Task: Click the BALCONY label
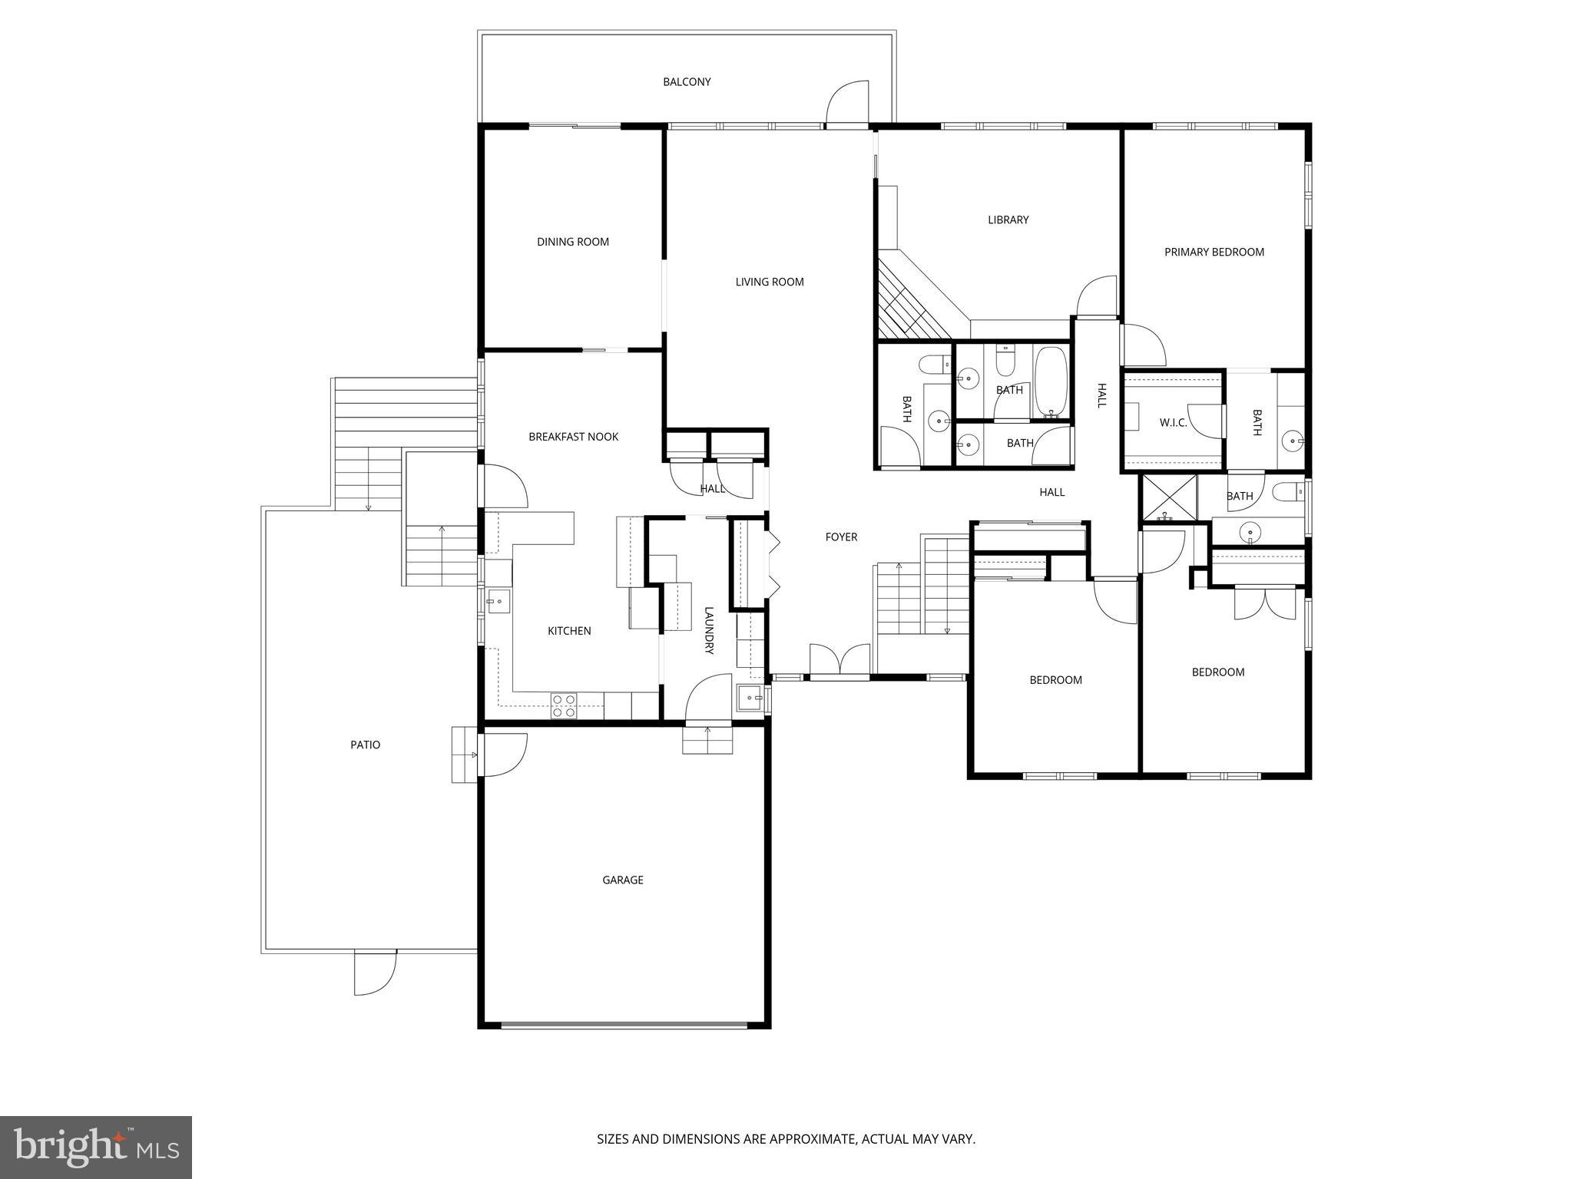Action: [x=687, y=82]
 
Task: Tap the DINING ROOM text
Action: [x=573, y=242]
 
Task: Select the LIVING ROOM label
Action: [x=770, y=282]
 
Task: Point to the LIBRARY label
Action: [x=1008, y=220]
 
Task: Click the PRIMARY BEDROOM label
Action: [x=1214, y=252]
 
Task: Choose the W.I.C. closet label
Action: [x=1173, y=423]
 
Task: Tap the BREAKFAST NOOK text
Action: [x=573, y=437]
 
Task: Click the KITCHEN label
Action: [x=569, y=631]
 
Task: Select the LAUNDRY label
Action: [x=709, y=630]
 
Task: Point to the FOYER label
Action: [x=841, y=537]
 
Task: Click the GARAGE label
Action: [x=622, y=880]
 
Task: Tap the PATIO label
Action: [x=365, y=745]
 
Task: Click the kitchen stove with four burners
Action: [x=564, y=705]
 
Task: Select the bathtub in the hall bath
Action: [x=1051, y=381]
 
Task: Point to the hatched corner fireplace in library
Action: [x=910, y=303]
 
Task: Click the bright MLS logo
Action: [x=96, y=1147]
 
